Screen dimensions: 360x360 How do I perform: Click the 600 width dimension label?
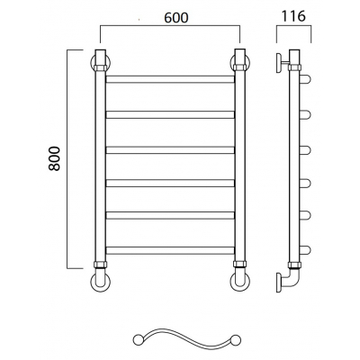[176, 18]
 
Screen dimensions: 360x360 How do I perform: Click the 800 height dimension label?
[55, 158]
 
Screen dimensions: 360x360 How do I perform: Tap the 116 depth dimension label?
[293, 16]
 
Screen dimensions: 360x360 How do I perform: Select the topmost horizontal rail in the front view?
[170, 79]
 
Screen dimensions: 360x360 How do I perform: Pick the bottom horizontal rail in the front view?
[170, 250]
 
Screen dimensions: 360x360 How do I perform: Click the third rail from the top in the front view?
[170, 150]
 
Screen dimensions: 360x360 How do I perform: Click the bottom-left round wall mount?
[100, 282]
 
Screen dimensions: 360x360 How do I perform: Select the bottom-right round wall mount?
[240, 282]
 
